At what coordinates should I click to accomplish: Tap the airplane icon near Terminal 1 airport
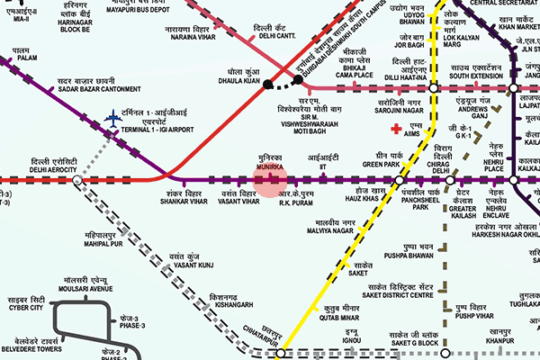112,117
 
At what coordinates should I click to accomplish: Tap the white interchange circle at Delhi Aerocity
77,180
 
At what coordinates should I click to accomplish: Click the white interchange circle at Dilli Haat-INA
434,88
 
